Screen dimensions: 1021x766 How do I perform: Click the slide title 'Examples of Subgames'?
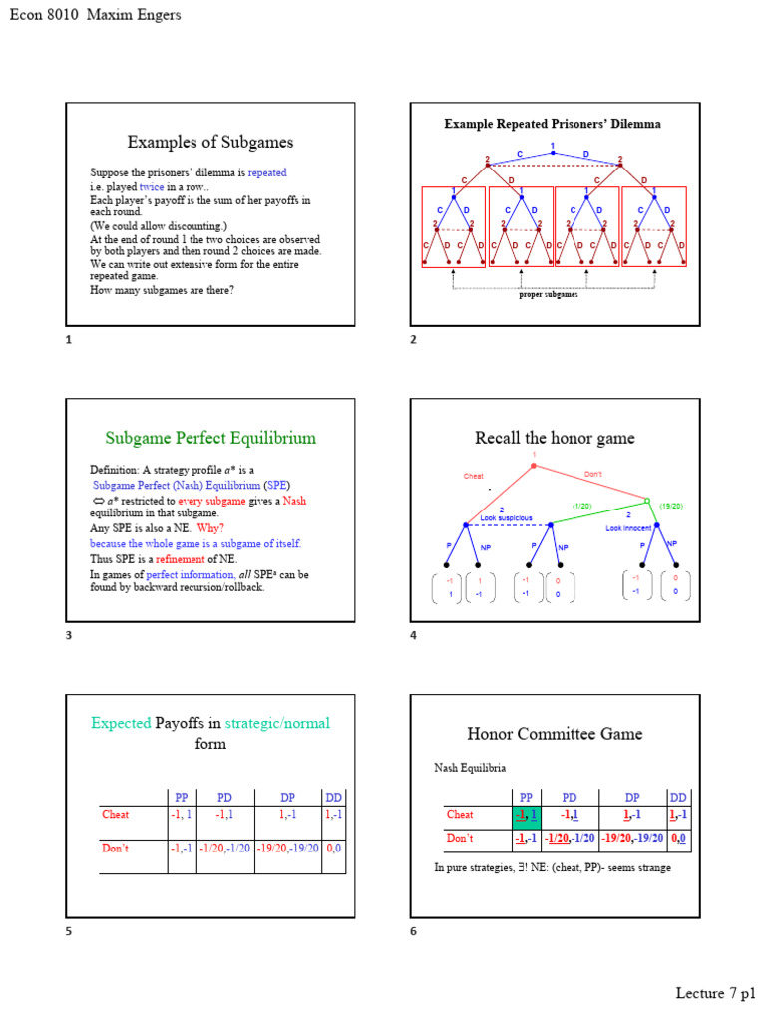(209, 142)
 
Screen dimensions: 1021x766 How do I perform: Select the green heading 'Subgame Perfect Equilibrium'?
(210, 438)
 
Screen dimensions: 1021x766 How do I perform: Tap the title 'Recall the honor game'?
(555, 438)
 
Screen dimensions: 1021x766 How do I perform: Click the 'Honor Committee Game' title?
(555, 734)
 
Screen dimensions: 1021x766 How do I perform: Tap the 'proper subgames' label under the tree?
(548, 295)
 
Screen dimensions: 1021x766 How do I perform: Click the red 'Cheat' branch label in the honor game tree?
(474, 476)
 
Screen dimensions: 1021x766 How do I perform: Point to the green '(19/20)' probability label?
(669, 506)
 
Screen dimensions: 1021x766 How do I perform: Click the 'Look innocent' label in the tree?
(628, 528)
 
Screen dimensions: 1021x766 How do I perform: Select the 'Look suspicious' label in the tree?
(506, 518)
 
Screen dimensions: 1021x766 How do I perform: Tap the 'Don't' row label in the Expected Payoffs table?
(117, 849)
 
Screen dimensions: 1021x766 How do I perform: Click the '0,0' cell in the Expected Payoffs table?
(334, 849)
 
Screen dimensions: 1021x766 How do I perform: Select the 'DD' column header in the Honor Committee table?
(678, 797)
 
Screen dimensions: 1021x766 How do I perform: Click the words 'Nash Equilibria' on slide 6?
(469, 768)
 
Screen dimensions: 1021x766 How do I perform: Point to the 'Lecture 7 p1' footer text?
(715, 993)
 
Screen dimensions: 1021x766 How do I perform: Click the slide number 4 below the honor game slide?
(413, 635)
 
